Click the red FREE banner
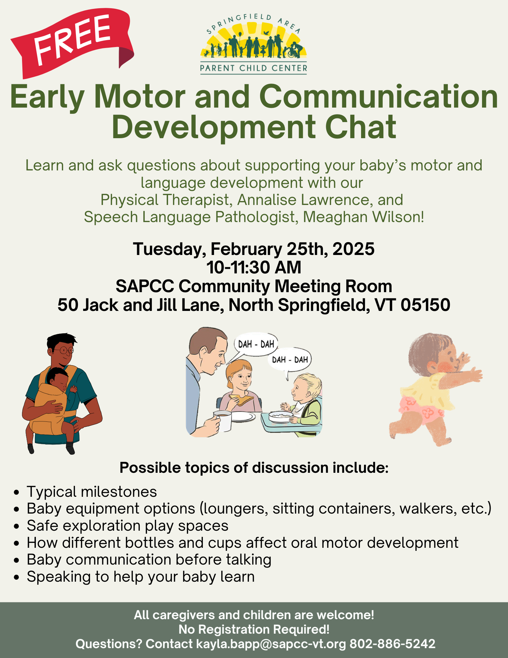click(72, 43)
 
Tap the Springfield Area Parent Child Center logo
click(254, 44)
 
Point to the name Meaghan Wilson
click(363, 217)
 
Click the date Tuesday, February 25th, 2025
click(254, 249)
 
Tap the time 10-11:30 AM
click(254, 267)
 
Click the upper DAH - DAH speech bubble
click(255, 345)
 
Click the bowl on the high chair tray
click(280, 416)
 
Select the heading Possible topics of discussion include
click(254, 468)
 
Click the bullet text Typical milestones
click(92, 492)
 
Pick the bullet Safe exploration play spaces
click(128, 526)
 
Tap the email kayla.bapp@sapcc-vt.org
click(271, 644)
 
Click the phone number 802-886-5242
click(392, 644)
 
